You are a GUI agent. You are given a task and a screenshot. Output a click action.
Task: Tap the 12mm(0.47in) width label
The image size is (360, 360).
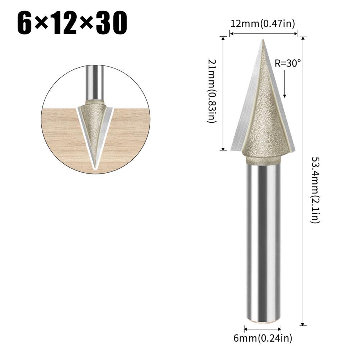(263, 24)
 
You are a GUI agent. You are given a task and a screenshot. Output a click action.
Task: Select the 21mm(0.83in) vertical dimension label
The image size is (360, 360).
(212, 91)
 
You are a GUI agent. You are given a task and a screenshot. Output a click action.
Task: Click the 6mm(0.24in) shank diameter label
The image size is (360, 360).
(263, 338)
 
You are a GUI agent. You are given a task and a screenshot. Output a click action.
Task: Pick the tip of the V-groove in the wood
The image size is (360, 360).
(95, 168)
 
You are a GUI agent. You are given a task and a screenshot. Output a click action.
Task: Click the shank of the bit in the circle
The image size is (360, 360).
(95, 83)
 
